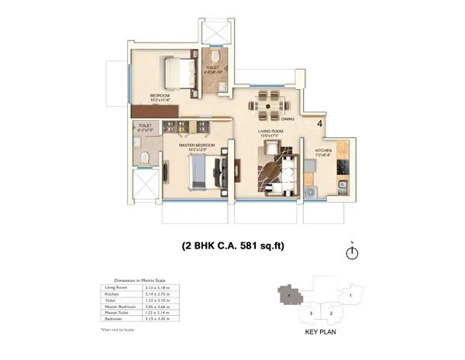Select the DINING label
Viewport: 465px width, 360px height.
click(288, 119)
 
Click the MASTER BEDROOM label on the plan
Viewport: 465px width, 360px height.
click(197, 145)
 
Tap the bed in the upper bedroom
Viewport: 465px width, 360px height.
click(179, 75)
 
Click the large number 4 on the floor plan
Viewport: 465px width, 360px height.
click(319, 121)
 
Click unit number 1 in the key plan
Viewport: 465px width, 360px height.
click(350, 294)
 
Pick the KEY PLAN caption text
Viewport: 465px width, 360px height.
click(319, 334)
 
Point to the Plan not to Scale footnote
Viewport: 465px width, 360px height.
click(118, 329)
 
